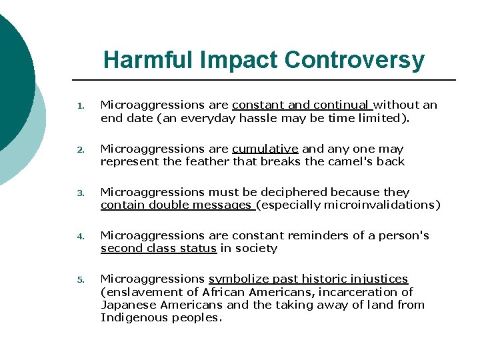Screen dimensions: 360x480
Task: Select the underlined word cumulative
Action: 265,149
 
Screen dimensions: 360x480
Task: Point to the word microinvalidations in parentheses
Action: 381,205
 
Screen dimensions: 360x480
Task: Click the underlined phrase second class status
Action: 158,248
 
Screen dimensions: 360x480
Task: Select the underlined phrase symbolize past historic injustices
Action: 308,279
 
